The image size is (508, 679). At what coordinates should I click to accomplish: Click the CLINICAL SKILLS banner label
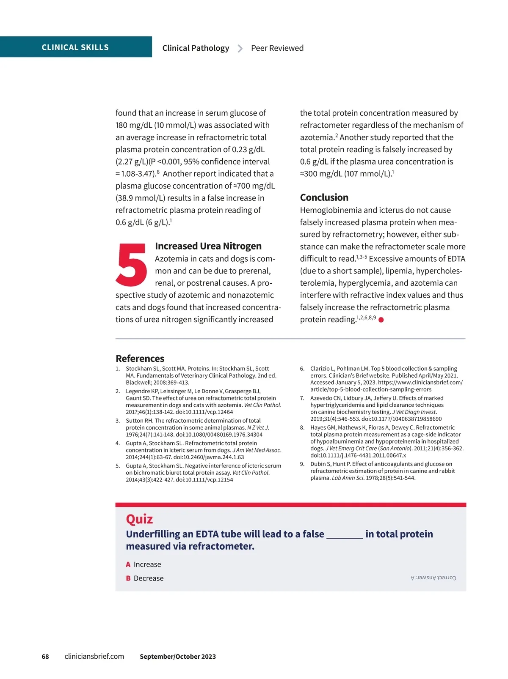[x=75, y=47]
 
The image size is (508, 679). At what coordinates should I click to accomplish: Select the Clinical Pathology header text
[x=196, y=48]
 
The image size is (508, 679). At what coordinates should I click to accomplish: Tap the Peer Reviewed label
[x=277, y=48]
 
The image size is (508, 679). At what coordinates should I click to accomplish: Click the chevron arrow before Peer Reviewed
[x=240, y=49]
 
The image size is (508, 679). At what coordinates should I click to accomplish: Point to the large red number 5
[x=131, y=265]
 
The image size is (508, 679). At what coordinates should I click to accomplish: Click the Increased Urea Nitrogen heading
[x=208, y=246]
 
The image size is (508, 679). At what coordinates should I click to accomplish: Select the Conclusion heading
[x=324, y=197]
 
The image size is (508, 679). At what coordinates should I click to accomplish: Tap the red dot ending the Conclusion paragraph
[x=381, y=320]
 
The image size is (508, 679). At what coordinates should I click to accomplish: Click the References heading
[x=140, y=359]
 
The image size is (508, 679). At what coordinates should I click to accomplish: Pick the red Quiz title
[x=139, y=519]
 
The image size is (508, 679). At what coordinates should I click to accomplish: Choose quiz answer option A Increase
[x=143, y=564]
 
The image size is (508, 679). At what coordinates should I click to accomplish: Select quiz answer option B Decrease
[x=144, y=578]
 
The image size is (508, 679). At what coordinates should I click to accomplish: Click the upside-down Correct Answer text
[x=433, y=578]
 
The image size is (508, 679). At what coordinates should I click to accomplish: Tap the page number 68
[x=45, y=657]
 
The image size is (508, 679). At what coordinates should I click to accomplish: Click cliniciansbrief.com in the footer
[x=94, y=657]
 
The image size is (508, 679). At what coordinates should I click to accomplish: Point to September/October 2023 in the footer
[x=178, y=657]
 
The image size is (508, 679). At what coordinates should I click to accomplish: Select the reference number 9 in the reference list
[x=302, y=464]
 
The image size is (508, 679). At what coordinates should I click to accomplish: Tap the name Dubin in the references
[x=318, y=464]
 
